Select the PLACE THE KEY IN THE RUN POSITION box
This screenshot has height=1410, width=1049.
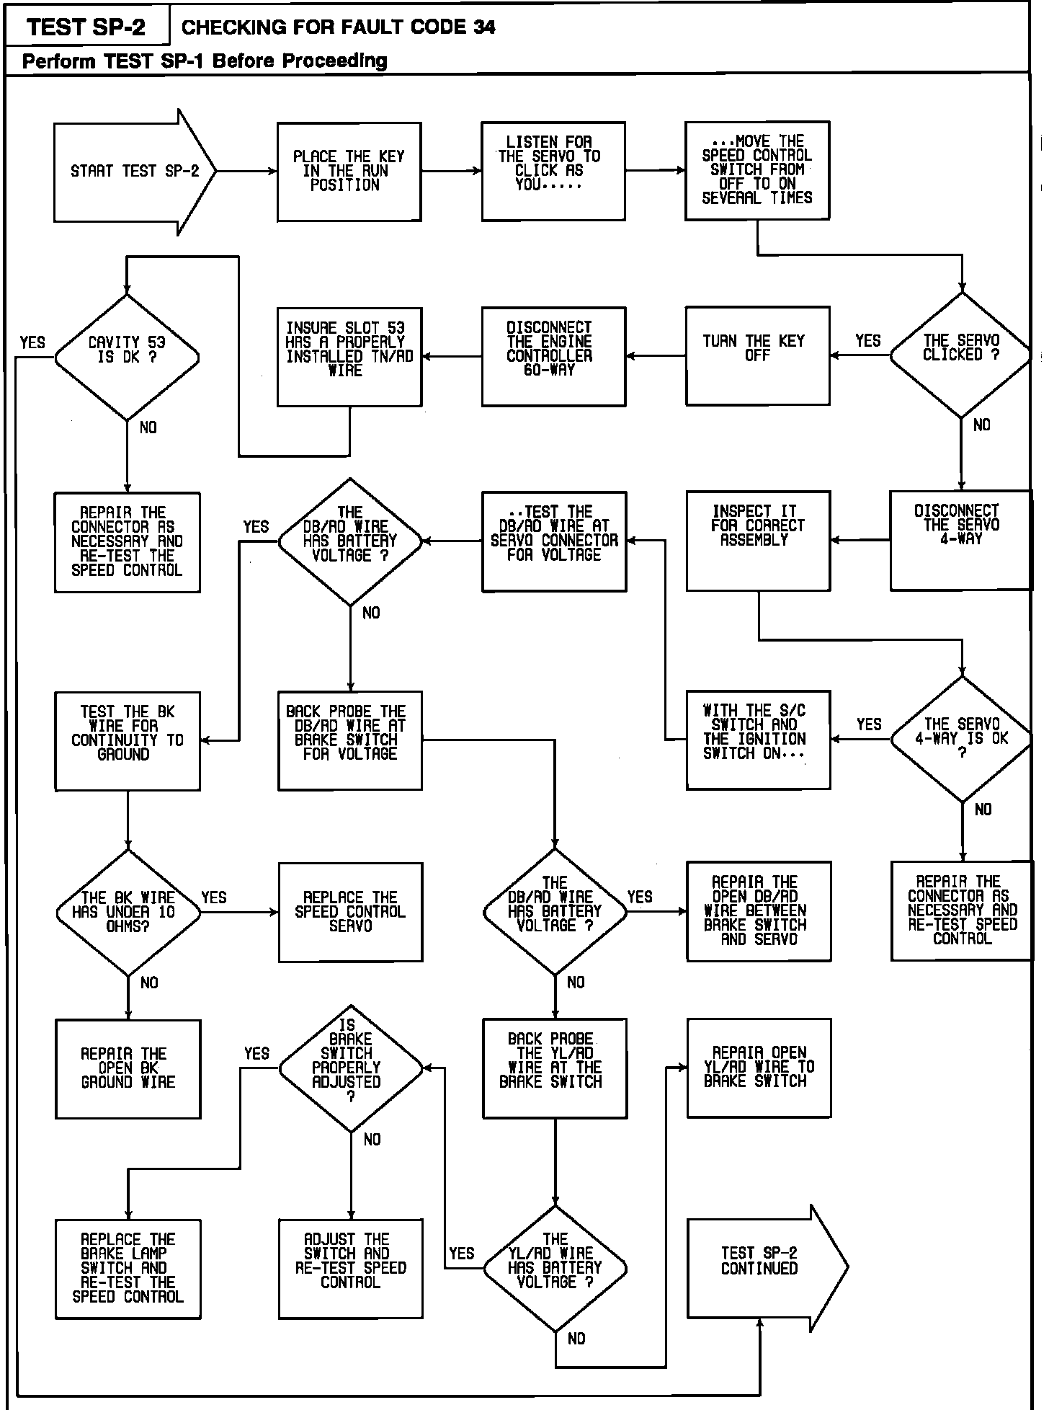pyautogui.click(x=349, y=172)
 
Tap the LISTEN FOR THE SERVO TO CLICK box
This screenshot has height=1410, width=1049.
pyautogui.click(x=553, y=171)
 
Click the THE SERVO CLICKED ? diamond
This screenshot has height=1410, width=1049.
pyautogui.click(x=961, y=355)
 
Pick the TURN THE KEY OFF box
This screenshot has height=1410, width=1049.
pyautogui.click(x=757, y=355)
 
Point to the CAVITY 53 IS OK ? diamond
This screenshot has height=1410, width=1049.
pyautogui.click(x=127, y=357)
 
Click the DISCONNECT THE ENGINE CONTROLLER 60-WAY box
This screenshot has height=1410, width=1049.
pyautogui.click(x=553, y=356)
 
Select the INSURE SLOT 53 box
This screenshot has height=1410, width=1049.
pyautogui.click(x=349, y=356)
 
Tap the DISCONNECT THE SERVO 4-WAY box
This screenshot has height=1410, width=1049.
pyautogui.click(x=961, y=541)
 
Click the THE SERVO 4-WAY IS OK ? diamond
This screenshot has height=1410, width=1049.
pyautogui.click(x=961, y=739)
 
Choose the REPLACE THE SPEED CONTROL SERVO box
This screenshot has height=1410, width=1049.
pyautogui.click(x=350, y=912)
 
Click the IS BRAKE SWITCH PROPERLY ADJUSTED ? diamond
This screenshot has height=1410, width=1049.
pyautogui.click(x=350, y=1068)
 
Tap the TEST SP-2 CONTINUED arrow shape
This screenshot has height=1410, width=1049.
pyautogui.click(x=764, y=1267)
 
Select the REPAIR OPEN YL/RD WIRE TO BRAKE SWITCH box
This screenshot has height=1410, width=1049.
pyautogui.click(x=758, y=1068)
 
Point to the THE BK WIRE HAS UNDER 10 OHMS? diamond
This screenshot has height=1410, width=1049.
pyautogui.click(x=128, y=912)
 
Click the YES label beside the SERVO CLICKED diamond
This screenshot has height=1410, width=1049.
pyautogui.click(x=868, y=341)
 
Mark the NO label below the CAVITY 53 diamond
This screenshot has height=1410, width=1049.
pyautogui.click(x=148, y=427)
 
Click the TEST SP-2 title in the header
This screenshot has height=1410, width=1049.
pyautogui.click(x=86, y=27)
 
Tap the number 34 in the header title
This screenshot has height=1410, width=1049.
pyautogui.click(x=484, y=27)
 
